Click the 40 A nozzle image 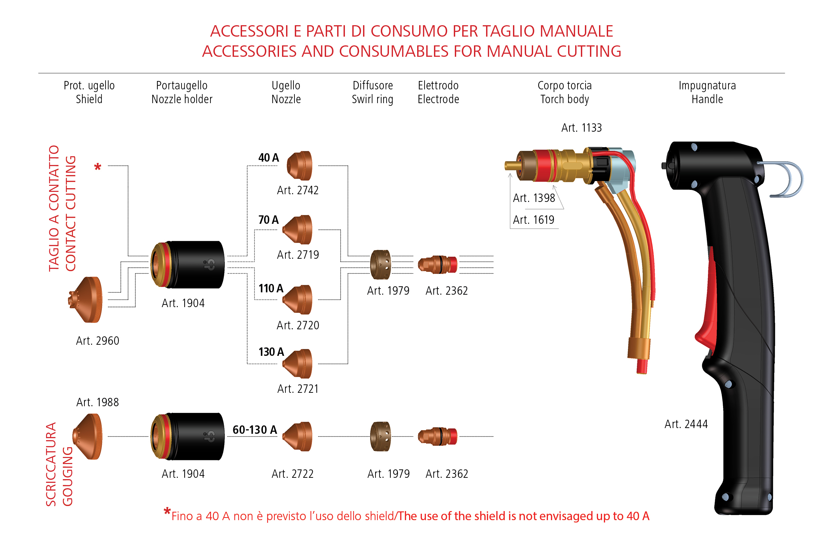point(300,166)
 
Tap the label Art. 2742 point(297,190)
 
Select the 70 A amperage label point(269,220)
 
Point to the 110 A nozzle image point(297,299)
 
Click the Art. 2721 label point(297,389)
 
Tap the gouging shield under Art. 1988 point(88,436)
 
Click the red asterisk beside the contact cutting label point(98,167)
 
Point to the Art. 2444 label point(686,424)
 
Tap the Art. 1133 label point(581,128)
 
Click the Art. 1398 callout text point(534,198)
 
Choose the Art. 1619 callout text point(533,220)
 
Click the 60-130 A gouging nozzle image point(297,436)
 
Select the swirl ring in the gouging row point(381,436)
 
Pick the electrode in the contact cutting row point(438,264)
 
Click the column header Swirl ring point(372,99)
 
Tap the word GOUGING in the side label point(68,476)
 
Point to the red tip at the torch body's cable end point(642,366)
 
